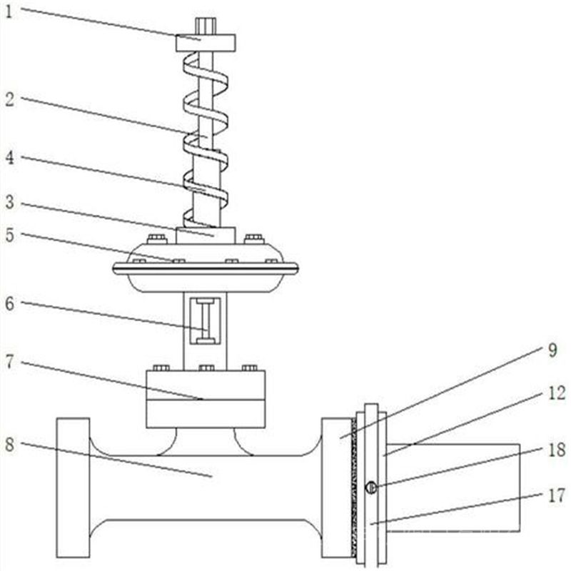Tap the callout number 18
555,450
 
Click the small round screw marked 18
370,487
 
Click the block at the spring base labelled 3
206,236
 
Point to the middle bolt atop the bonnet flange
206,368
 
